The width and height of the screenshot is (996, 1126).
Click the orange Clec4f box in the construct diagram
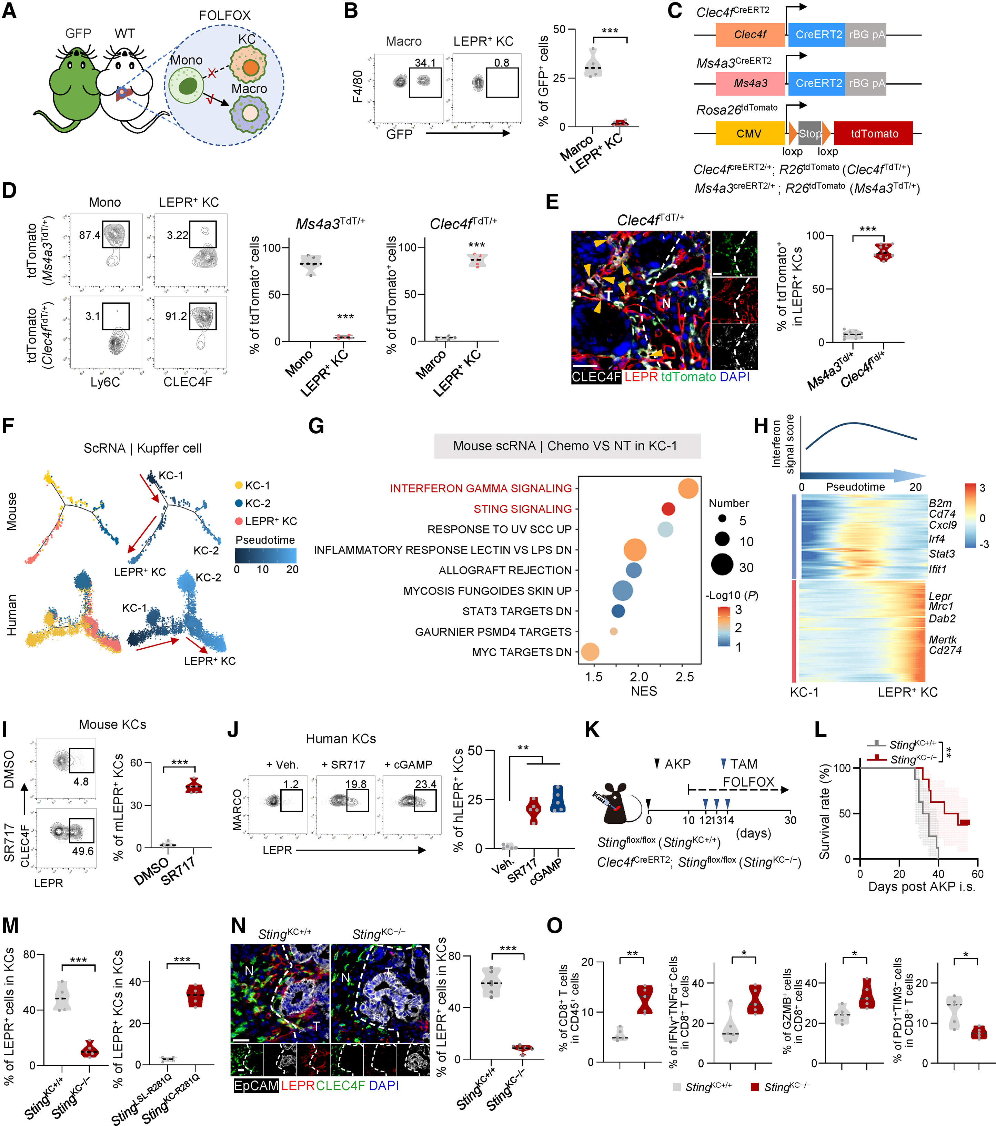coord(750,35)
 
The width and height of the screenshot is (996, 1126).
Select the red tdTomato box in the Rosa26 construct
coord(874,134)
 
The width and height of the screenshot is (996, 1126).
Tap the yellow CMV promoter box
coord(749,134)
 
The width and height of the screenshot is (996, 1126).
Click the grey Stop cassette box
coord(809,134)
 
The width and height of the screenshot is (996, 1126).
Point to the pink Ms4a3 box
coord(750,83)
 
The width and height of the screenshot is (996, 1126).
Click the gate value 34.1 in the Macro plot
coord(425,63)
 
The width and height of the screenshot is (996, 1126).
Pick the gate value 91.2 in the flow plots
coord(176,316)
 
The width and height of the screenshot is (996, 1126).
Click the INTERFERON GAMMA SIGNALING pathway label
coord(480,489)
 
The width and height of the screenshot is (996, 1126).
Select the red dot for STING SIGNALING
coord(668,508)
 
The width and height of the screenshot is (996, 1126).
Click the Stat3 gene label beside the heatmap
coord(942,554)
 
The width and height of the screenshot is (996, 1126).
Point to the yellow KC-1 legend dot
coord(239,485)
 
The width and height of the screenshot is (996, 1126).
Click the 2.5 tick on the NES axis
coord(684,677)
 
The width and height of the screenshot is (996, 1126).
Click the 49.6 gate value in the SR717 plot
coord(83,851)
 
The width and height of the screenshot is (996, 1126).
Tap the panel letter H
coord(761,426)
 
